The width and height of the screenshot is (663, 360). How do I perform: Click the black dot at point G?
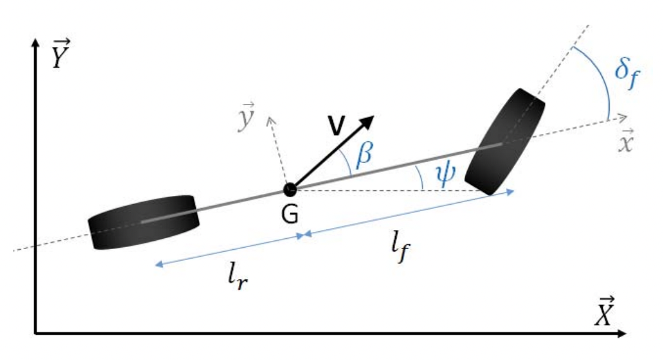tap(290, 189)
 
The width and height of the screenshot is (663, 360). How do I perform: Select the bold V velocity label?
tap(336, 126)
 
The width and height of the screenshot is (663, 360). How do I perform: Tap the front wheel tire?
tap(505, 141)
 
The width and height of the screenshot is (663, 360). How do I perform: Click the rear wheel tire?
tap(144, 222)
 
